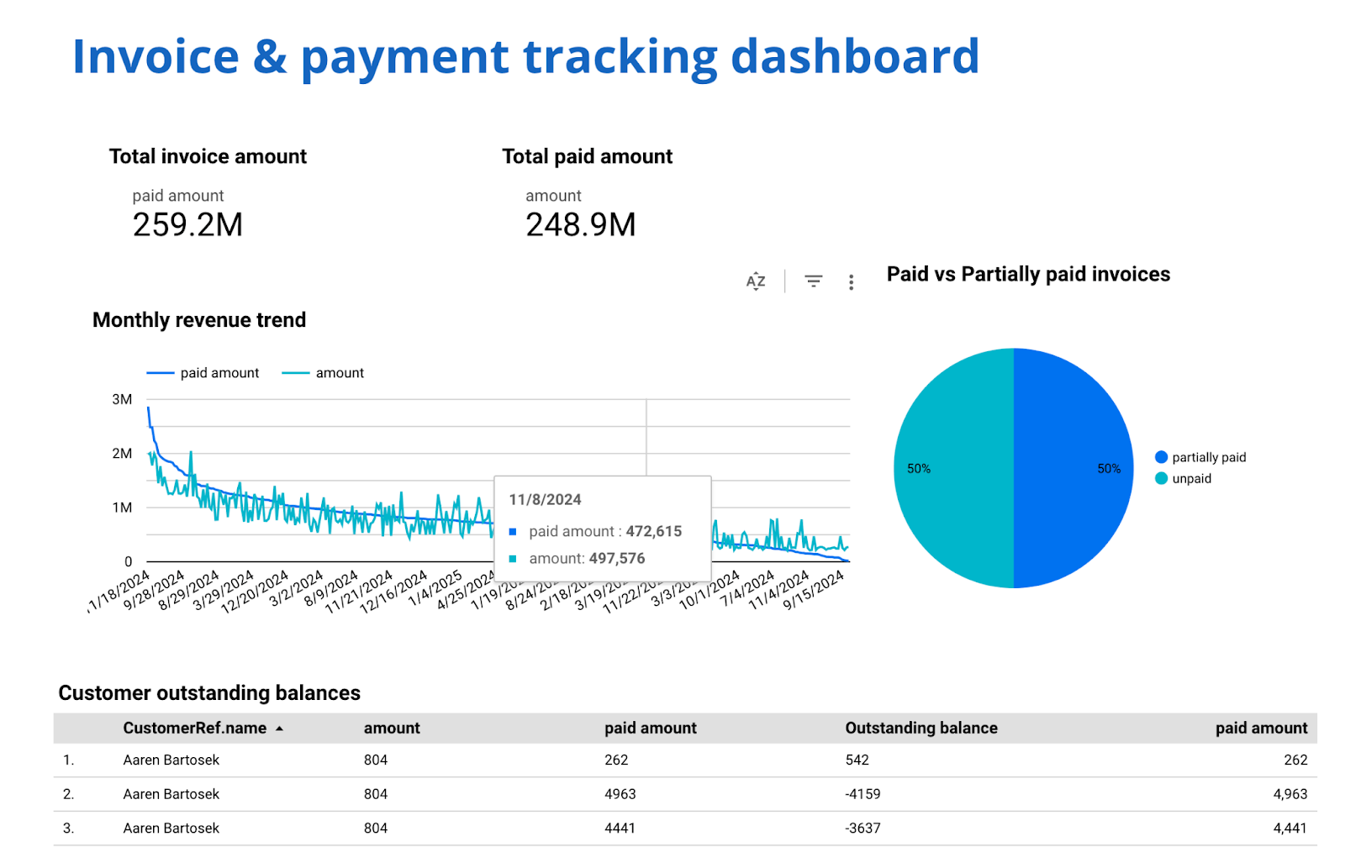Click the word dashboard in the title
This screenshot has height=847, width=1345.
pos(854,57)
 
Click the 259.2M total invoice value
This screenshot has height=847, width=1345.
pos(187,225)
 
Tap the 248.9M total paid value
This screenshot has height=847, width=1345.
pos(580,225)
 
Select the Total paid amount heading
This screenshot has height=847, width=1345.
pos(587,156)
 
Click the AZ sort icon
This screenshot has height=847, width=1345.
pos(756,281)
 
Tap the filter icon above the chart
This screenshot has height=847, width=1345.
pos(813,281)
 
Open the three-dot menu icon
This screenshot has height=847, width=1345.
pos(851,282)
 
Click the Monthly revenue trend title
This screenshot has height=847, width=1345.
pos(199,320)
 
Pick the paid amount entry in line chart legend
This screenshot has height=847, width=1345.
pos(219,373)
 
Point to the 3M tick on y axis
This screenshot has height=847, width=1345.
pos(122,400)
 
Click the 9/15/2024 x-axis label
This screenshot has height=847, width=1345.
pos(814,591)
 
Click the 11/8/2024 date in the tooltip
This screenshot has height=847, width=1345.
pos(545,500)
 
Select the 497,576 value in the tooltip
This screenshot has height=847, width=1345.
pos(616,559)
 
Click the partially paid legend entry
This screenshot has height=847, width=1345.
pos(1208,457)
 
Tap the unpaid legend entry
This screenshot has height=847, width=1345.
pos(1191,479)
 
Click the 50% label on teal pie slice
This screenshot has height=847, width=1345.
pos(918,469)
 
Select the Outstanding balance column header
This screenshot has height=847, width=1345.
pos(920,729)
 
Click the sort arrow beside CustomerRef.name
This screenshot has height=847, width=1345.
pos(279,729)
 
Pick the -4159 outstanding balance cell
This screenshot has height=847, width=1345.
pos(862,794)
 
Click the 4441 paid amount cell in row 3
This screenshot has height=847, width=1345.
pos(620,829)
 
